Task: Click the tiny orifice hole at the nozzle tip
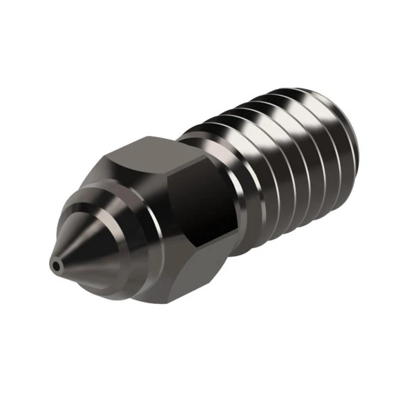tap(55, 264)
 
